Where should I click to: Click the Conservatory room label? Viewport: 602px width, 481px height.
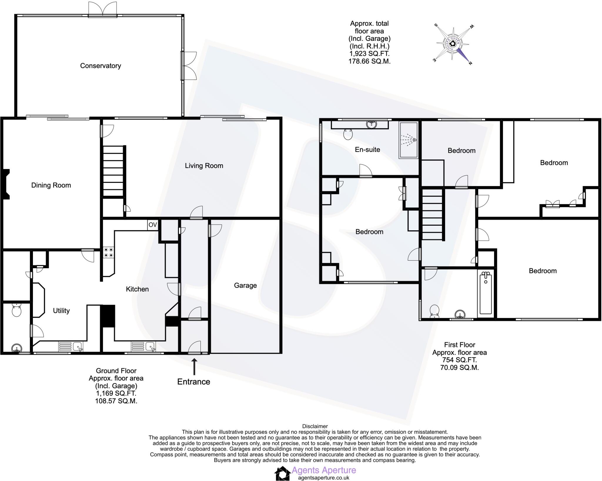coord(101,66)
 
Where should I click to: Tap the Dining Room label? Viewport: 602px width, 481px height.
coord(51,185)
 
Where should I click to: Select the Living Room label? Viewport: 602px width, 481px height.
coord(204,166)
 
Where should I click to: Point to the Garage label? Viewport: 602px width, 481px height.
coord(245,286)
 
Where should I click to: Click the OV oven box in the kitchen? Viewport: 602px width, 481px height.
coord(153,225)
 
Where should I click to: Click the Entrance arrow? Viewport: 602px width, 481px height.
coord(194,366)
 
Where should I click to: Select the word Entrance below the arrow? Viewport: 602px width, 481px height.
coord(194,382)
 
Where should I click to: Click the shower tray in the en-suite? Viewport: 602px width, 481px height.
coord(408,140)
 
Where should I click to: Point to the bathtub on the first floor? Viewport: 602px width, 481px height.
coord(486,293)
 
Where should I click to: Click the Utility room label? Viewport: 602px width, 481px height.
coord(61,311)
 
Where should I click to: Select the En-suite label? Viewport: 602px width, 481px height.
coord(367,150)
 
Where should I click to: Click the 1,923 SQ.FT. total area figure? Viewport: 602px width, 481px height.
coord(369,54)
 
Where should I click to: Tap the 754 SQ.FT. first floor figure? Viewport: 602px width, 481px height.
coord(459,360)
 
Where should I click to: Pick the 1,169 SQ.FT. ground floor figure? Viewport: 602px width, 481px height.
coord(116,393)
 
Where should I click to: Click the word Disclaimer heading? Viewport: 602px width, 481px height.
coord(315,426)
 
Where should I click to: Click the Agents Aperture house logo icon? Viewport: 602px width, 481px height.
coord(282,474)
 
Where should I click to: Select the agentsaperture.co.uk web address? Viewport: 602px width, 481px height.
coord(324,478)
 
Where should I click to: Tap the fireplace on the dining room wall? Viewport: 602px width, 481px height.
coord(6,185)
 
